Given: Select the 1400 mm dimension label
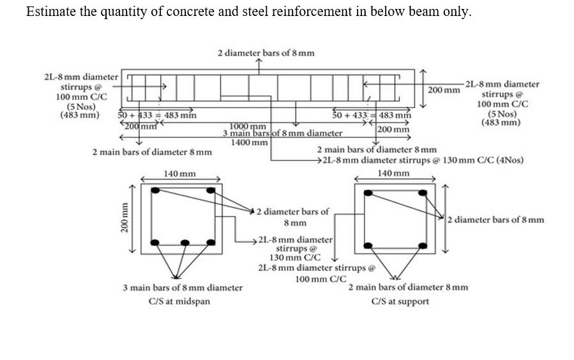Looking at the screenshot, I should (x=249, y=142).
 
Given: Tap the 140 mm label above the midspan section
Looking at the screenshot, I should (x=179, y=174).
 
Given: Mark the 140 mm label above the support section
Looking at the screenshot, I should (x=393, y=174).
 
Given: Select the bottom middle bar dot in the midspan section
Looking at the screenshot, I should (x=185, y=243).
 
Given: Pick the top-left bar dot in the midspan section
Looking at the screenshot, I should (x=155, y=190).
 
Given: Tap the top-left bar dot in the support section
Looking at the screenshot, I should (x=368, y=192).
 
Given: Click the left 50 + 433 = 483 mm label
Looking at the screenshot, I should (x=158, y=116).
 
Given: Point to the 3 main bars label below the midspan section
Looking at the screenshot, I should (x=183, y=288).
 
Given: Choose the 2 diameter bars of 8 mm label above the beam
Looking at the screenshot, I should (x=266, y=52).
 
